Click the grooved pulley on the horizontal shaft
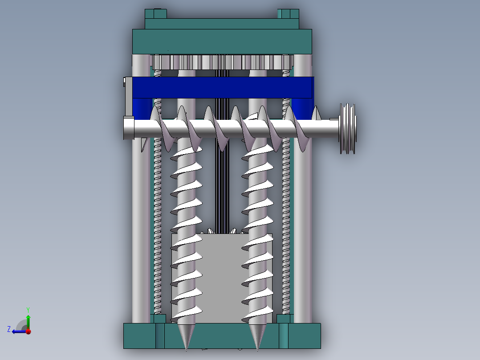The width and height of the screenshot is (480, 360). [348, 129]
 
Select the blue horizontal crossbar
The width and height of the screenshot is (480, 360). [223, 87]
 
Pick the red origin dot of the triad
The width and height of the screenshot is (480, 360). [28, 331]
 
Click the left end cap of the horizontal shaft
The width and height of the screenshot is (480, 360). [128, 129]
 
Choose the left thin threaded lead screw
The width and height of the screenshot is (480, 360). [158, 223]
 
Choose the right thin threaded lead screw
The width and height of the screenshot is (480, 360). [286, 223]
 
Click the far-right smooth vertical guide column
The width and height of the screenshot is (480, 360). [302, 223]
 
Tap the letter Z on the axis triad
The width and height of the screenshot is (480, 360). [9, 329]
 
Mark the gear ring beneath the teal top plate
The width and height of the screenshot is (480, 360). [222, 61]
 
